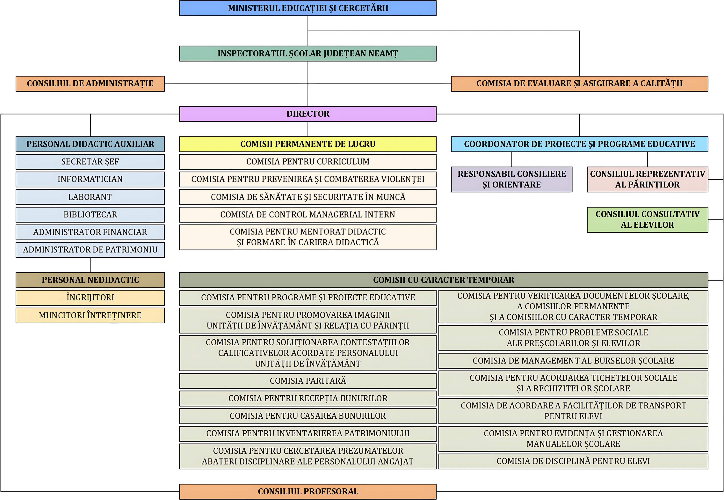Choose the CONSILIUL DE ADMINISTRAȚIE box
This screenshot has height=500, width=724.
click(90, 84)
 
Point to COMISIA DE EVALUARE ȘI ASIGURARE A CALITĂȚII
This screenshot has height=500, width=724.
click(579, 84)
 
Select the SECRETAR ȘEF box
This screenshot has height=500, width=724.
click(90, 162)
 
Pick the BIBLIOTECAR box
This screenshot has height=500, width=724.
click(90, 215)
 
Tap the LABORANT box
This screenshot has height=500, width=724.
click(90, 197)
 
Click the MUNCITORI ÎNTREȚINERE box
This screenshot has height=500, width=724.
click(90, 315)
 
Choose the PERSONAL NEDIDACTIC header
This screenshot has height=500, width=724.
click(90, 280)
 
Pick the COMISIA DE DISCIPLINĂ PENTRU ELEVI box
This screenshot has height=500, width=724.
click(573, 461)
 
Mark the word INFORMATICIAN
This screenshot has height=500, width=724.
click(90, 179)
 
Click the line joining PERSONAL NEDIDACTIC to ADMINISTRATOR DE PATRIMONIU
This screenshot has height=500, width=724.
click(90, 265)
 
